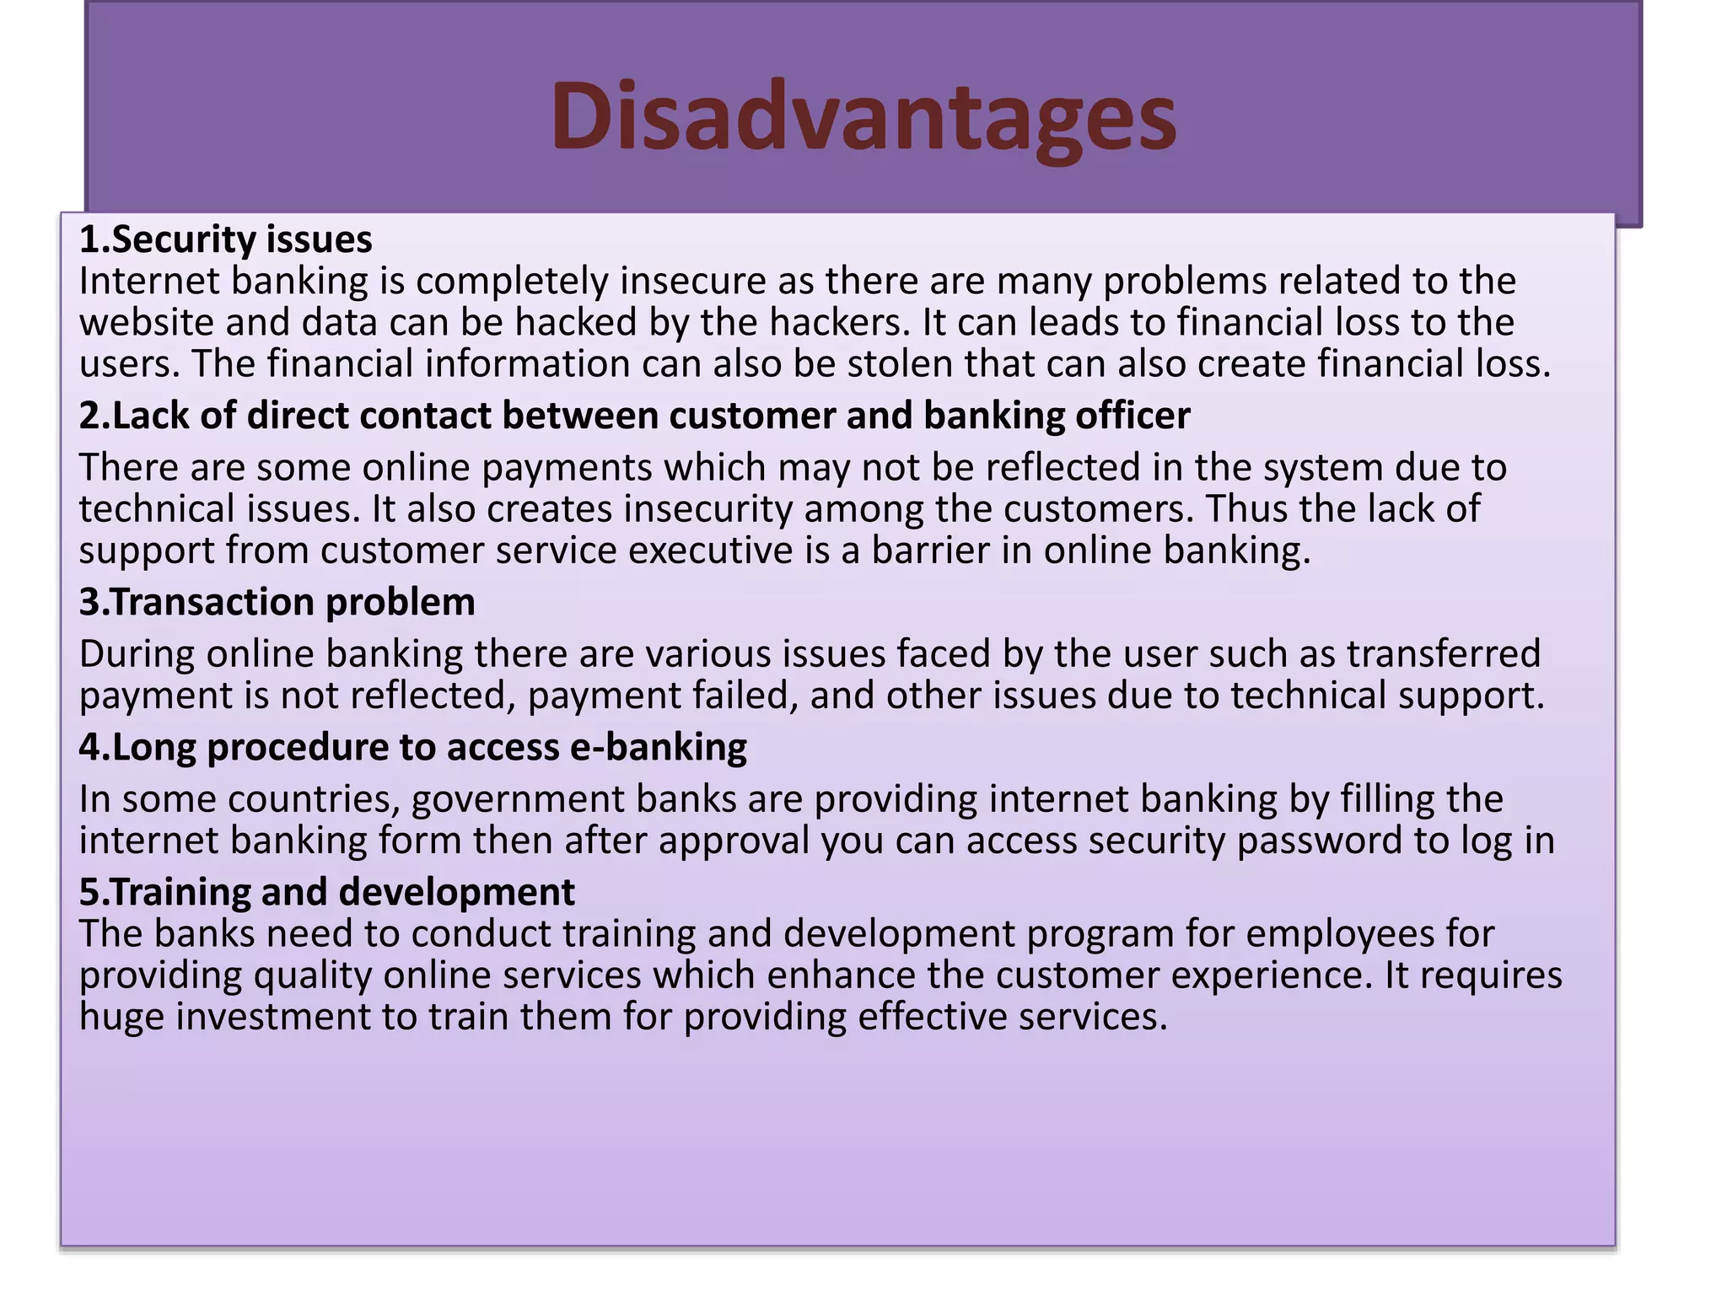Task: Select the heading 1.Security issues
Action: click(225, 240)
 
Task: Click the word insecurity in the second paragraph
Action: click(707, 509)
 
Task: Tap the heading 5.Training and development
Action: click(326, 892)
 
